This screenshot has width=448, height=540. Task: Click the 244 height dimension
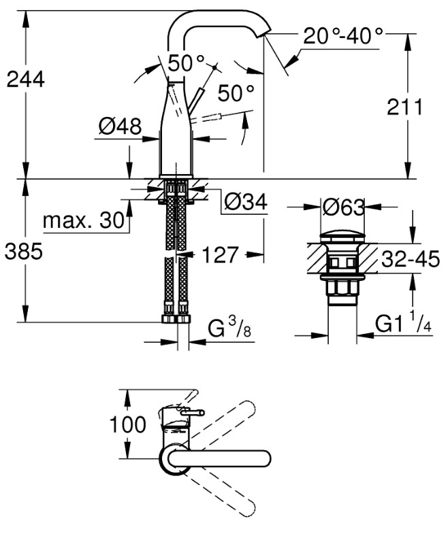[x=25, y=79]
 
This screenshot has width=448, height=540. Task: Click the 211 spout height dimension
[x=406, y=107]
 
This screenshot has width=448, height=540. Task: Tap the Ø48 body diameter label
[x=120, y=126]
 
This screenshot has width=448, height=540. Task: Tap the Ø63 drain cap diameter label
[x=344, y=207]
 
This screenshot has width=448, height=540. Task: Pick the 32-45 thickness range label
[x=409, y=260]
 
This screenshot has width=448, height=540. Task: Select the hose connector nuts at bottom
[x=177, y=319]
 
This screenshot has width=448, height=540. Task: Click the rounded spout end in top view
[x=268, y=458]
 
